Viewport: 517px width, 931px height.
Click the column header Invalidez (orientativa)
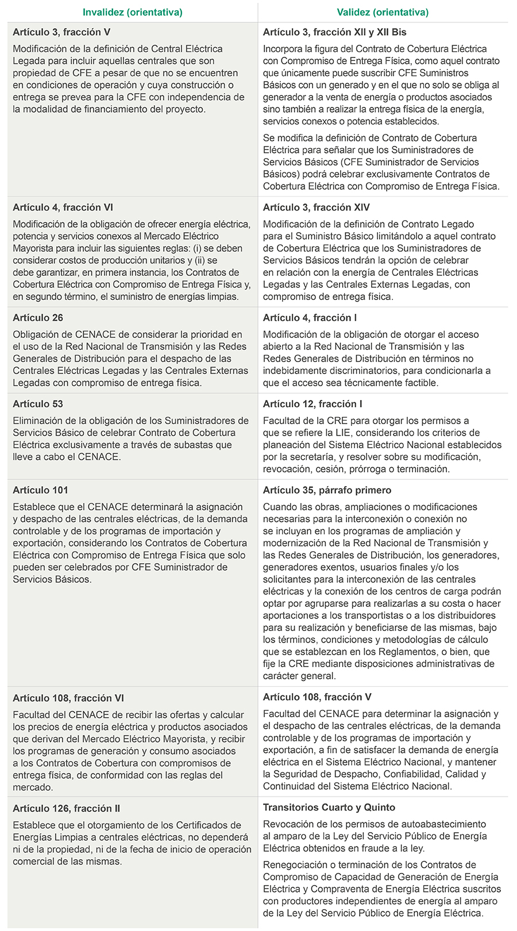pyautogui.click(x=133, y=12)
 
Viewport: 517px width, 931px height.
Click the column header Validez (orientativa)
pyautogui.click(x=383, y=12)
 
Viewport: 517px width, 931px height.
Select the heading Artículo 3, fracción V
pyautogui.click(x=61, y=32)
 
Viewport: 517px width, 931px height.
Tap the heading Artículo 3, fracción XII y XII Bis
pyautogui.click(x=335, y=32)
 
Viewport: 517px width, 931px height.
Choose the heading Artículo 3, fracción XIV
pyautogui.click(x=317, y=207)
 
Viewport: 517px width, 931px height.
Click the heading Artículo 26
pyautogui.click(x=38, y=318)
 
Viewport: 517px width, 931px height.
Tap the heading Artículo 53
pyautogui.click(x=38, y=404)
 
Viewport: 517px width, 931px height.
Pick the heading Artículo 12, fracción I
pyautogui.click(x=312, y=404)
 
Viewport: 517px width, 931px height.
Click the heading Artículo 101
pyautogui.click(x=40, y=490)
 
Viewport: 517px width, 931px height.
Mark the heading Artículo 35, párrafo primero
pyautogui.click(x=327, y=490)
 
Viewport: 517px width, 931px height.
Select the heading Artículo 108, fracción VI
pyautogui.click(x=68, y=698)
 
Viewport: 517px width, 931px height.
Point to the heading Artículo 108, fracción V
pyautogui.click(x=317, y=697)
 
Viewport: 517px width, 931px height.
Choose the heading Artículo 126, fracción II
pyautogui.click(x=67, y=809)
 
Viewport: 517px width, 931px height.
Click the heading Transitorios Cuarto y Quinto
pyautogui.click(x=329, y=807)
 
